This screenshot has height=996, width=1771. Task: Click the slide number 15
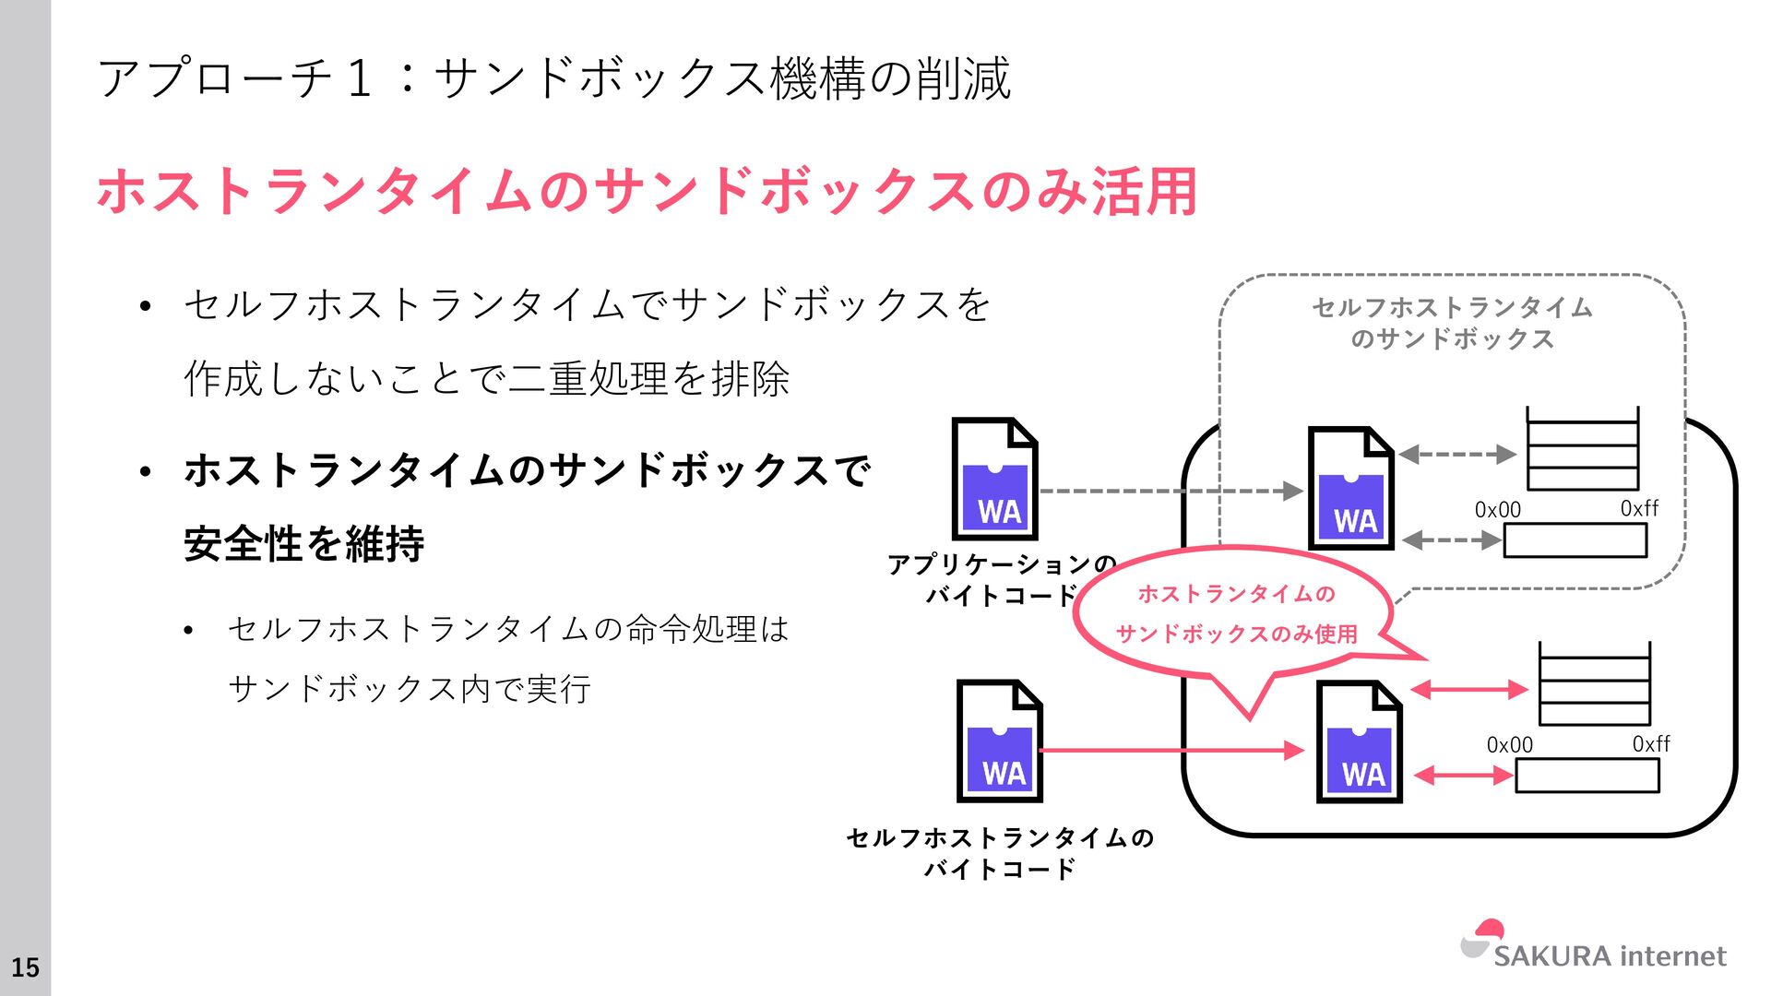25,967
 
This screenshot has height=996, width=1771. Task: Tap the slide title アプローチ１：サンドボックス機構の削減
553,77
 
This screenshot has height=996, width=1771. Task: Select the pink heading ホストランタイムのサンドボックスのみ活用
647,192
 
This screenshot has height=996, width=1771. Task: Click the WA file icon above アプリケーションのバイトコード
994,479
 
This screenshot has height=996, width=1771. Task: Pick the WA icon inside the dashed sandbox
1350,488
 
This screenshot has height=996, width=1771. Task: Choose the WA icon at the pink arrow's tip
1359,741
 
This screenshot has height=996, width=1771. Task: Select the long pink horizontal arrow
1171,751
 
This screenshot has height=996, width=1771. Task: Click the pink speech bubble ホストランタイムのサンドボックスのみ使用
1236,614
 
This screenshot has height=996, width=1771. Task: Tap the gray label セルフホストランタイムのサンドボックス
1452,323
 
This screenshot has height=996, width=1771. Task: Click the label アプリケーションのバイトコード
1002,579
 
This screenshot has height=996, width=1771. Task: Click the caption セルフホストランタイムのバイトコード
1000,852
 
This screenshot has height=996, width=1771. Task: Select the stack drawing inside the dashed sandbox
1582,449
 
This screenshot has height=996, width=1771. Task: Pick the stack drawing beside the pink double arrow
1594,684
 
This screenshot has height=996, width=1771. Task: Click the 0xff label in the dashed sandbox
1639,508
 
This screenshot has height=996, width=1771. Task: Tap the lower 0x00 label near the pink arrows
1509,744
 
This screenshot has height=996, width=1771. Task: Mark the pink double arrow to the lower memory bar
1463,776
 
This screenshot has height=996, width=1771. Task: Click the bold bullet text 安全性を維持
304,543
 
